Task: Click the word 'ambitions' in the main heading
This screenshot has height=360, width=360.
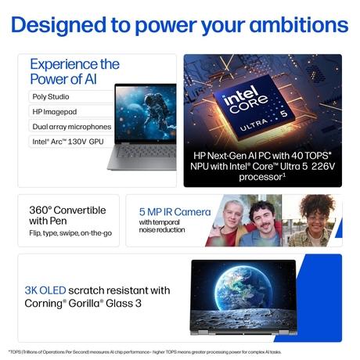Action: coord(299,25)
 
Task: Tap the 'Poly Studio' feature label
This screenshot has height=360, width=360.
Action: coord(51,97)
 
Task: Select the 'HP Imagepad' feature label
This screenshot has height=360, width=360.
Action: coord(55,112)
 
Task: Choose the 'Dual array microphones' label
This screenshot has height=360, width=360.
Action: coord(72,127)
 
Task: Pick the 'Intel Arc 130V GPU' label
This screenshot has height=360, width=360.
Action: coord(68,142)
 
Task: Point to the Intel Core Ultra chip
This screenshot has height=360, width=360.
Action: coord(254,107)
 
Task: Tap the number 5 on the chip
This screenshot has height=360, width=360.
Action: coord(283,113)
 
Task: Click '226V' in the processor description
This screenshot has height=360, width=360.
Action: coord(323,166)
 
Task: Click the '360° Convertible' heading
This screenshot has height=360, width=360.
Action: coord(67,210)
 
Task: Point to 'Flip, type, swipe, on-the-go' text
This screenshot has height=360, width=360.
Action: coord(70,233)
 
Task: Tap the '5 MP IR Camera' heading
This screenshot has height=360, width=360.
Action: coord(175,212)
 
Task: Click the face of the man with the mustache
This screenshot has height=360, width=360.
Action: coord(261,216)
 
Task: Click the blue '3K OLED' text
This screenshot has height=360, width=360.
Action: coord(45,290)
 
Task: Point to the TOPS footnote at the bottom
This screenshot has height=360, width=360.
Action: coord(145,352)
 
